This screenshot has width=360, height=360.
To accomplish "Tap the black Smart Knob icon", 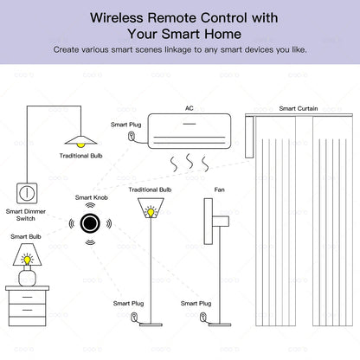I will point(89,223).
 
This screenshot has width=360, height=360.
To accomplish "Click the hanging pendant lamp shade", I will point(80,139).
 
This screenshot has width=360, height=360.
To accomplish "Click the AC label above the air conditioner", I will point(190,108).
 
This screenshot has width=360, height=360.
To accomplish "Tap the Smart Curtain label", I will point(299,108).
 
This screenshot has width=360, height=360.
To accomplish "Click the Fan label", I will point(220,188).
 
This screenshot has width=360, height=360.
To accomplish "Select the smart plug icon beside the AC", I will point(131,136).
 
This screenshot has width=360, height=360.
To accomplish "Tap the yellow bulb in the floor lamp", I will point(152,210).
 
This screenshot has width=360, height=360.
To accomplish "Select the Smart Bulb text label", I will point(25,235).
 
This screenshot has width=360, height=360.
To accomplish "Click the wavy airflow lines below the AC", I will point(187,162).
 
